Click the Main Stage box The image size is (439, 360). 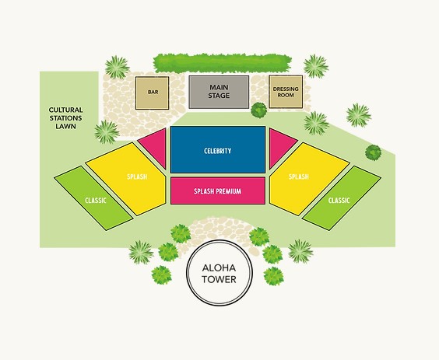tap(219, 92)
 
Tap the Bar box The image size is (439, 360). tap(152, 93)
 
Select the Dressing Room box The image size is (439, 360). tap(286, 92)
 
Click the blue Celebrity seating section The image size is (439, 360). tap(218, 149)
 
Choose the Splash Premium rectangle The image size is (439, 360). tap(218, 190)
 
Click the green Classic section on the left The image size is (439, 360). tap(93, 198)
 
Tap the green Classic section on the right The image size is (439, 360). tap(342, 198)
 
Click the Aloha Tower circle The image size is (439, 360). tap(219, 273)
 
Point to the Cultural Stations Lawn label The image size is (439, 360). tap(66, 118)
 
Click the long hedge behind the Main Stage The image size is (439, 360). tap(222, 63)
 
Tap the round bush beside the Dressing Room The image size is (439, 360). tap(258, 110)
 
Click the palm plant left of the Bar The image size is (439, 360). tap(118, 68)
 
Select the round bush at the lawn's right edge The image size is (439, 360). tap(373, 152)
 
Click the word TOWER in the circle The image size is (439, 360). tap(219, 279)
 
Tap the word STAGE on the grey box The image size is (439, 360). tap(219, 96)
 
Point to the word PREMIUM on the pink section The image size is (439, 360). tap(229, 191)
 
